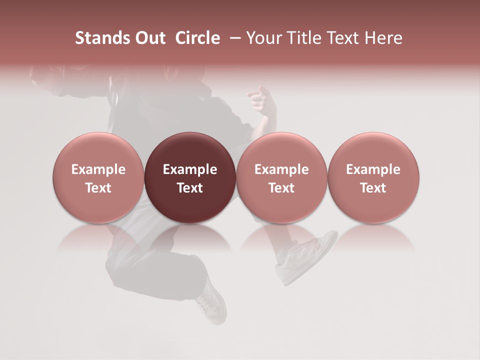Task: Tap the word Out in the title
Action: [149, 38]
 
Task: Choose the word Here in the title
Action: [382, 38]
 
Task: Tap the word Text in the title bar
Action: [340, 38]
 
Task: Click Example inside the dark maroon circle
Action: [190, 169]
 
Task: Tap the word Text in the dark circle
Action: [190, 188]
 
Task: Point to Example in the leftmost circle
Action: [98, 169]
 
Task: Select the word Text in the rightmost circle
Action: [373, 188]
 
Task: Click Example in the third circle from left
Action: [281, 169]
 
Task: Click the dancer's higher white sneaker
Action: [310, 255]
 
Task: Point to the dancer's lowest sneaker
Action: [213, 302]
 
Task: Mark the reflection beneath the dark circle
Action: [190, 238]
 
